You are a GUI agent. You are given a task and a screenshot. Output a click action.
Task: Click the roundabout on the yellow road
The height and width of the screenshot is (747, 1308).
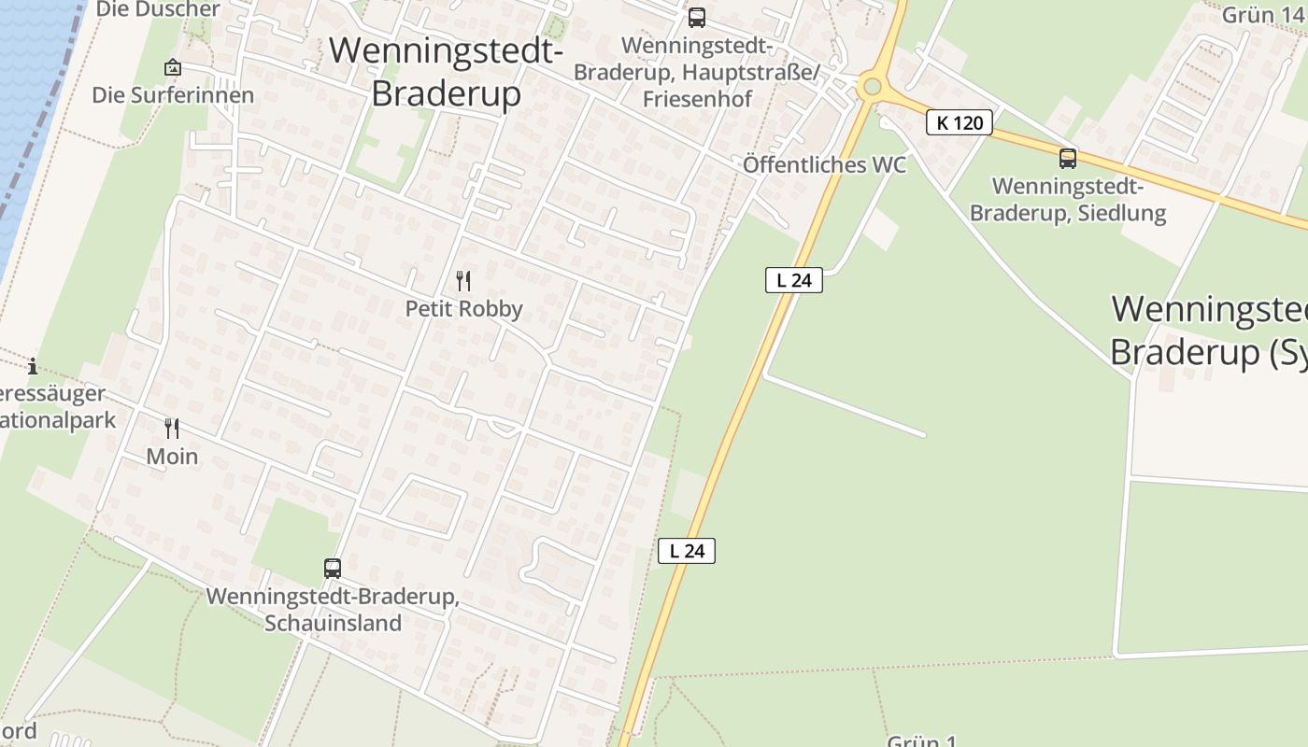pyautogui.click(x=872, y=87)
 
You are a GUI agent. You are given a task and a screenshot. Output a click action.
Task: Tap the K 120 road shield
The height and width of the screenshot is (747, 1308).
pyautogui.click(x=960, y=122)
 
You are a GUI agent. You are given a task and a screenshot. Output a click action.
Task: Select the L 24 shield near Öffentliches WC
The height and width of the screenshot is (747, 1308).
pyautogui.click(x=793, y=279)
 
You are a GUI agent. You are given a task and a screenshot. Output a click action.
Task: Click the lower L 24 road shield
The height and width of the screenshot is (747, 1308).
pyautogui.click(x=687, y=551)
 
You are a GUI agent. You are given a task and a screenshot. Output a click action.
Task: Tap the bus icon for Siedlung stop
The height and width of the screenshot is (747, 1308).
pyautogui.click(x=1067, y=159)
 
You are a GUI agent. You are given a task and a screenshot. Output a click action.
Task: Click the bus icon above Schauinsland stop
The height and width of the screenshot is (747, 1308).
pyautogui.click(x=332, y=568)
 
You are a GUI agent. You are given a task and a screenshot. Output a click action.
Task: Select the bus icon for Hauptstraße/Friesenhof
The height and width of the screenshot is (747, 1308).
pyautogui.click(x=696, y=18)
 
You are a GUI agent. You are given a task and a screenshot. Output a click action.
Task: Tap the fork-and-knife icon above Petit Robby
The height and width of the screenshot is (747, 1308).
pyautogui.click(x=463, y=280)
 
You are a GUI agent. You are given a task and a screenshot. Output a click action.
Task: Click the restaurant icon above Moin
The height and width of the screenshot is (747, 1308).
pyautogui.click(x=172, y=429)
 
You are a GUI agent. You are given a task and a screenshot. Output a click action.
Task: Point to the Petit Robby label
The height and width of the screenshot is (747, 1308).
pyautogui.click(x=463, y=308)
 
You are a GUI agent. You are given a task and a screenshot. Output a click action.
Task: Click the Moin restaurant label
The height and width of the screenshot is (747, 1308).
pyautogui.click(x=172, y=456)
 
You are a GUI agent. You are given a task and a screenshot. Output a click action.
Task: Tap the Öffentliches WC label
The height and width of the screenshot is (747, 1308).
pyautogui.click(x=824, y=165)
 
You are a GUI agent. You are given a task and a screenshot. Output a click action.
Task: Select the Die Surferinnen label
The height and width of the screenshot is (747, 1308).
pyautogui.click(x=173, y=95)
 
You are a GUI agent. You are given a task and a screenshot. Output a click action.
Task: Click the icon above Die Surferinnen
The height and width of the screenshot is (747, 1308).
pyautogui.click(x=172, y=67)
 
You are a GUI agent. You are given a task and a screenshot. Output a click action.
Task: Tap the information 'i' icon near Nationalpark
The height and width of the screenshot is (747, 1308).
pyautogui.click(x=34, y=366)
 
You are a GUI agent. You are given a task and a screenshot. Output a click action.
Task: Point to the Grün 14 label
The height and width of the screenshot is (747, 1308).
pyautogui.click(x=1261, y=14)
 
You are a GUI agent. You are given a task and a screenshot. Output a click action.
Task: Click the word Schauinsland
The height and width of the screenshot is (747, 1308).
pyautogui.click(x=333, y=623)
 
